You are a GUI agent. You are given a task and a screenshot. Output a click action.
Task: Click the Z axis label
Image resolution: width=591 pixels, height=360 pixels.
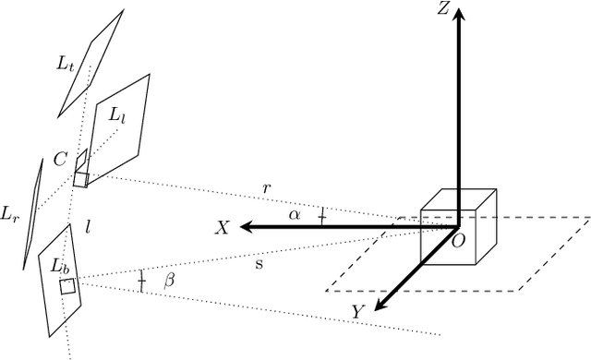tap(444, 10)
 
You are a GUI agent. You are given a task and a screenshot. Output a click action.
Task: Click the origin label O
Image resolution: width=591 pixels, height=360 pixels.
tap(456, 240)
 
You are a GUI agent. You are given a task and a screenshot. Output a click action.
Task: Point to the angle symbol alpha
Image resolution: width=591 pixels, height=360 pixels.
tap(295, 214)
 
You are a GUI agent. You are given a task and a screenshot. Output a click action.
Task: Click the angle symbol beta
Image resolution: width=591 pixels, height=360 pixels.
tap(169, 282)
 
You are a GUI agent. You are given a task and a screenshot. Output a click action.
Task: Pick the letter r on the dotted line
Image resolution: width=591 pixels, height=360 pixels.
tap(267, 188)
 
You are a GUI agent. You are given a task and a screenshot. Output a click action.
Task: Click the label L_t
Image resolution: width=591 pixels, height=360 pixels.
tap(64, 64)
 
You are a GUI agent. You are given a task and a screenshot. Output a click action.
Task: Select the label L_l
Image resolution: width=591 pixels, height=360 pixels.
tap(117, 116)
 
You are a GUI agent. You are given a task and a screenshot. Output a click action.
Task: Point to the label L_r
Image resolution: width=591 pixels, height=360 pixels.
tap(10, 215)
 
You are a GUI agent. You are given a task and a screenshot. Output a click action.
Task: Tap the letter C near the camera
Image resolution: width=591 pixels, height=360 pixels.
tap(60, 160)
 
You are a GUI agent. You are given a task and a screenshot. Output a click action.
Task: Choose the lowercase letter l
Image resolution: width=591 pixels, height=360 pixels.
tap(88, 225)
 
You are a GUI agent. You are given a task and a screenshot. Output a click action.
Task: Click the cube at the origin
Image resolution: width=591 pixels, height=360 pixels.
tap(459, 226)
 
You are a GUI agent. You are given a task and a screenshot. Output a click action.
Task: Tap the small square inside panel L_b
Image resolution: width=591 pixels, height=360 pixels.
tap(67, 286)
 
